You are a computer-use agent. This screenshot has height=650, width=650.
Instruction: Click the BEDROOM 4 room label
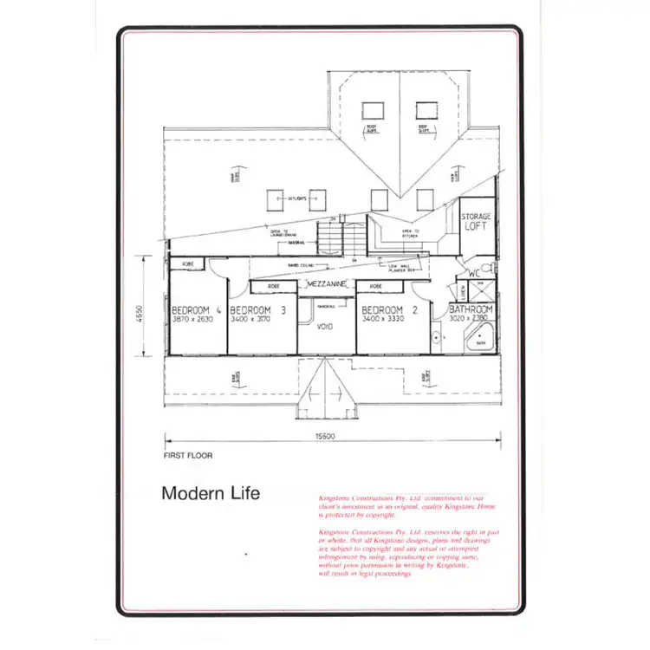click(197, 310)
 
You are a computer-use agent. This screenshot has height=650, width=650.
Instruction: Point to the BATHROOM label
click(471, 309)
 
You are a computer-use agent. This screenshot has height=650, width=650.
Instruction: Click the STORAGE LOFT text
click(475, 221)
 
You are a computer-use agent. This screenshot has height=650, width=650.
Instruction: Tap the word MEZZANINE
click(327, 284)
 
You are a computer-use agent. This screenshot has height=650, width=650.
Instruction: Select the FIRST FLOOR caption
click(187, 454)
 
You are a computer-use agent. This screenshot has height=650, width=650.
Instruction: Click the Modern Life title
click(210, 493)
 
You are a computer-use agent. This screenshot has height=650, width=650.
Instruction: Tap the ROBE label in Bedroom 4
click(186, 263)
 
